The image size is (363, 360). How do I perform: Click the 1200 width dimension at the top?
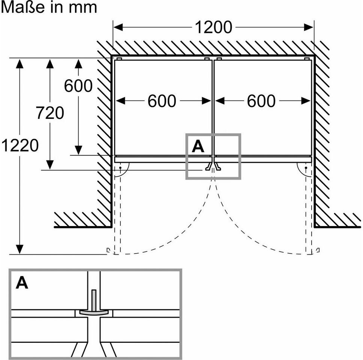[x=213, y=27]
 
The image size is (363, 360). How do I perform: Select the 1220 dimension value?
[x=20, y=145]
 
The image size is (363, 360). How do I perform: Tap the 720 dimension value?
[x=50, y=113]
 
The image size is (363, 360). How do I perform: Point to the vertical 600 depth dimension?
[x=78, y=85]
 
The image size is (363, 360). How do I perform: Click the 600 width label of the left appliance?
[x=162, y=101]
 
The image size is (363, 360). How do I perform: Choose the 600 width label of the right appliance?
[x=261, y=101]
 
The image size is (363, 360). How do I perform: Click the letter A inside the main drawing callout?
[x=198, y=146]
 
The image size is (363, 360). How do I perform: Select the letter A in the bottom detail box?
[x=22, y=282]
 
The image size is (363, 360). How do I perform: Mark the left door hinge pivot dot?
[x=120, y=168]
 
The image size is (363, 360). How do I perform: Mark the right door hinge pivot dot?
[x=306, y=168]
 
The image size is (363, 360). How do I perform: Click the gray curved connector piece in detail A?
[x=94, y=312]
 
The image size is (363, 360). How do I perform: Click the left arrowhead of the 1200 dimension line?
[x=118, y=27]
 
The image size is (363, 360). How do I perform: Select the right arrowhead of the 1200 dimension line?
[x=309, y=27]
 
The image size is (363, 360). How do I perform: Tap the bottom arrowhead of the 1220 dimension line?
[x=19, y=249]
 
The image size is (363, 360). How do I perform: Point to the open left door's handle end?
[x=108, y=250]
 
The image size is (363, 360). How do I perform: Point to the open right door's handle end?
[x=318, y=250]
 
